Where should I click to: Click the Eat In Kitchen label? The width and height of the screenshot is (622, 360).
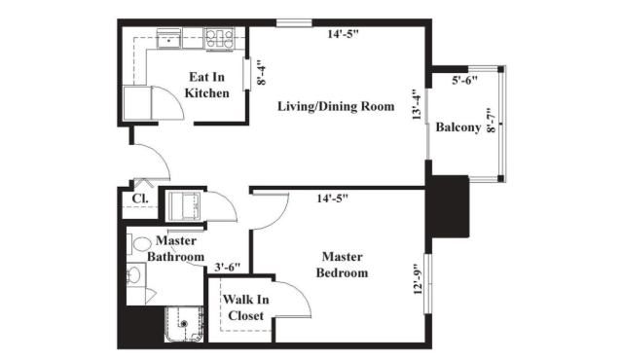click(x=206, y=85)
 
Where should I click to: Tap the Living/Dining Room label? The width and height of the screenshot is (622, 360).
click(x=336, y=106)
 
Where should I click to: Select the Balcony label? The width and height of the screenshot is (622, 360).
click(x=458, y=127)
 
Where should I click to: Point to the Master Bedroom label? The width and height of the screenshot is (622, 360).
click(x=342, y=265)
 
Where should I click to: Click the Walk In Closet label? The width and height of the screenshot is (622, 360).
click(x=246, y=307)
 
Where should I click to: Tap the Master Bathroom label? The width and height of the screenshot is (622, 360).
click(x=176, y=248)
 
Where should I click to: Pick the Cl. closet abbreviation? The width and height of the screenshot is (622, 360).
click(x=140, y=198)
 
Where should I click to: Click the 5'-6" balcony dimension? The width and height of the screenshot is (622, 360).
click(x=464, y=81)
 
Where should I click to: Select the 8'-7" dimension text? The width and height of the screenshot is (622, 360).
click(x=492, y=120)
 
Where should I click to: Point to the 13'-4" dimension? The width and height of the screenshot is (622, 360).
click(x=416, y=104)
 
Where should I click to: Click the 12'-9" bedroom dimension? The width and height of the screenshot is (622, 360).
click(x=418, y=279)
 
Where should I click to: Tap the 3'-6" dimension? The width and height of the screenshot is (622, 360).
click(x=228, y=268)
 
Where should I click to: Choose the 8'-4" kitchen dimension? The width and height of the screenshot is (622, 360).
click(x=261, y=73)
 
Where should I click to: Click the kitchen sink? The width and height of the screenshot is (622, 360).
click(x=169, y=40)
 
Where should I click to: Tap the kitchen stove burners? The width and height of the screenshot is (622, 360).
click(x=219, y=39)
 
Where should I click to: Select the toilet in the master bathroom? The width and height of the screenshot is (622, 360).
click(x=138, y=244)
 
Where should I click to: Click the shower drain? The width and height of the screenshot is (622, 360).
click(x=184, y=324)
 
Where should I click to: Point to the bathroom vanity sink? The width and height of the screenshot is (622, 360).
click(x=134, y=274)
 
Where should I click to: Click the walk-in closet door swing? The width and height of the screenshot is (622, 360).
click(x=294, y=298)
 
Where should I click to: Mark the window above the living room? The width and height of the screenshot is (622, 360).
click(x=294, y=23)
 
